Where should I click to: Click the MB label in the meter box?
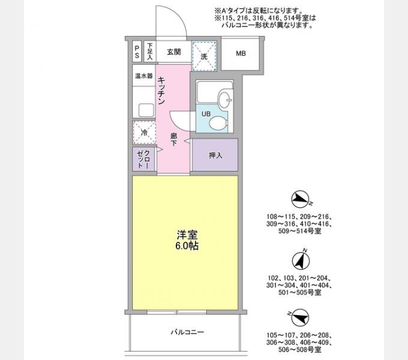(x=240, y=54)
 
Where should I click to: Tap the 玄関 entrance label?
(x=174, y=52)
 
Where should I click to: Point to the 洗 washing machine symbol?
(x=204, y=56)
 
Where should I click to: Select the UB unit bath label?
(x=205, y=114)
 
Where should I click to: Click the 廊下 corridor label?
(x=174, y=139)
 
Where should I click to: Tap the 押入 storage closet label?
(x=215, y=155)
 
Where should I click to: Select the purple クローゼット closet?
(x=144, y=159)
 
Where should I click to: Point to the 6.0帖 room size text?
(x=185, y=246)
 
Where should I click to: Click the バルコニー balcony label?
(x=187, y=332)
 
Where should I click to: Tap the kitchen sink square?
(x=146, y=110)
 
